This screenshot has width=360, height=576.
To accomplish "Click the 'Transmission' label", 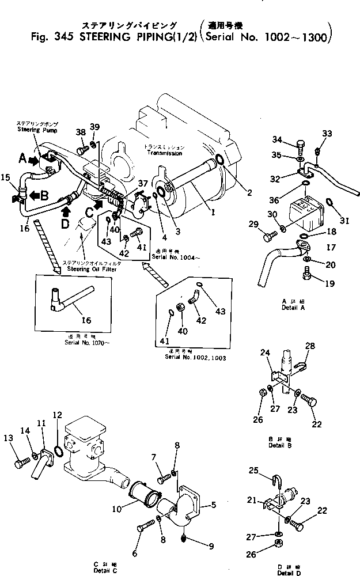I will [x=165, y=153].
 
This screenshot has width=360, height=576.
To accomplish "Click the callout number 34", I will [x=277, y=139].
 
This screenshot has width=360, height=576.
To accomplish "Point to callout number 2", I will [x=249, y=193].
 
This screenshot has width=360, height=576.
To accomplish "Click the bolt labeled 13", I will [x=23, y=462].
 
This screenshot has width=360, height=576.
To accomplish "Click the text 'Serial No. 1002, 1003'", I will [x=196, y=357].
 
